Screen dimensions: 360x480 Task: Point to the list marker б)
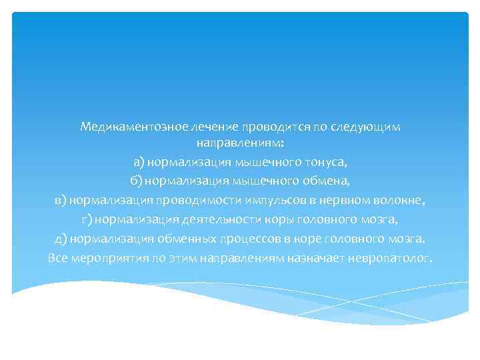136,181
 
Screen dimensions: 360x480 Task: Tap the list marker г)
87,219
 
